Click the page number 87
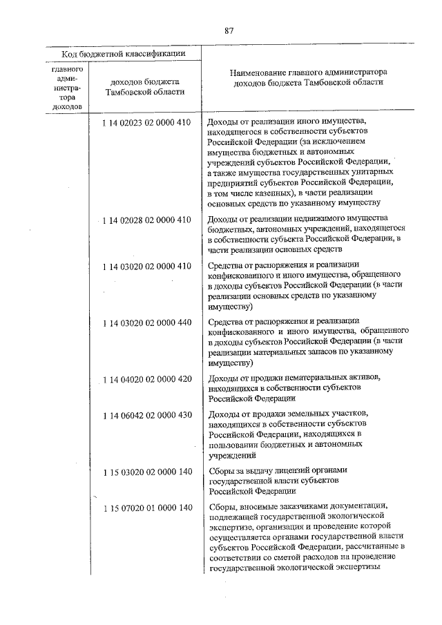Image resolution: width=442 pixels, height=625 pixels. pos(229,30)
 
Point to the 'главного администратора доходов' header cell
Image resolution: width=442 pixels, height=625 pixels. pos(68,88)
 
